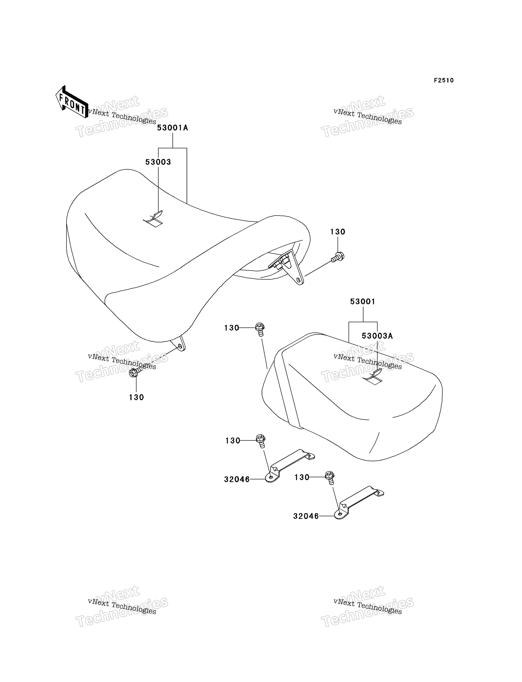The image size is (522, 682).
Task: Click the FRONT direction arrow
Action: (71, 102)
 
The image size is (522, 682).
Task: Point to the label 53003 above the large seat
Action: (158, 162)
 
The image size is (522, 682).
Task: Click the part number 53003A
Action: (377, 336)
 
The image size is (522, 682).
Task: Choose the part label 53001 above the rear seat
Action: (363, 301)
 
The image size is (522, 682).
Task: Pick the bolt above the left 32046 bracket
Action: (261, 441)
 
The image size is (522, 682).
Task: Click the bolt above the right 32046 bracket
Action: (330, 478)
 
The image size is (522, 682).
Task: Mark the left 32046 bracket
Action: (290, 465)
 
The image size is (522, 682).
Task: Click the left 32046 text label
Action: (237, 480)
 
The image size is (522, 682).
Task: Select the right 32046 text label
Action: (306, 516)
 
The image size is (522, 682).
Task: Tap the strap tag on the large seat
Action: (153, 219)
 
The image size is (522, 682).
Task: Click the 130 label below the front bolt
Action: (136, 397)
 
